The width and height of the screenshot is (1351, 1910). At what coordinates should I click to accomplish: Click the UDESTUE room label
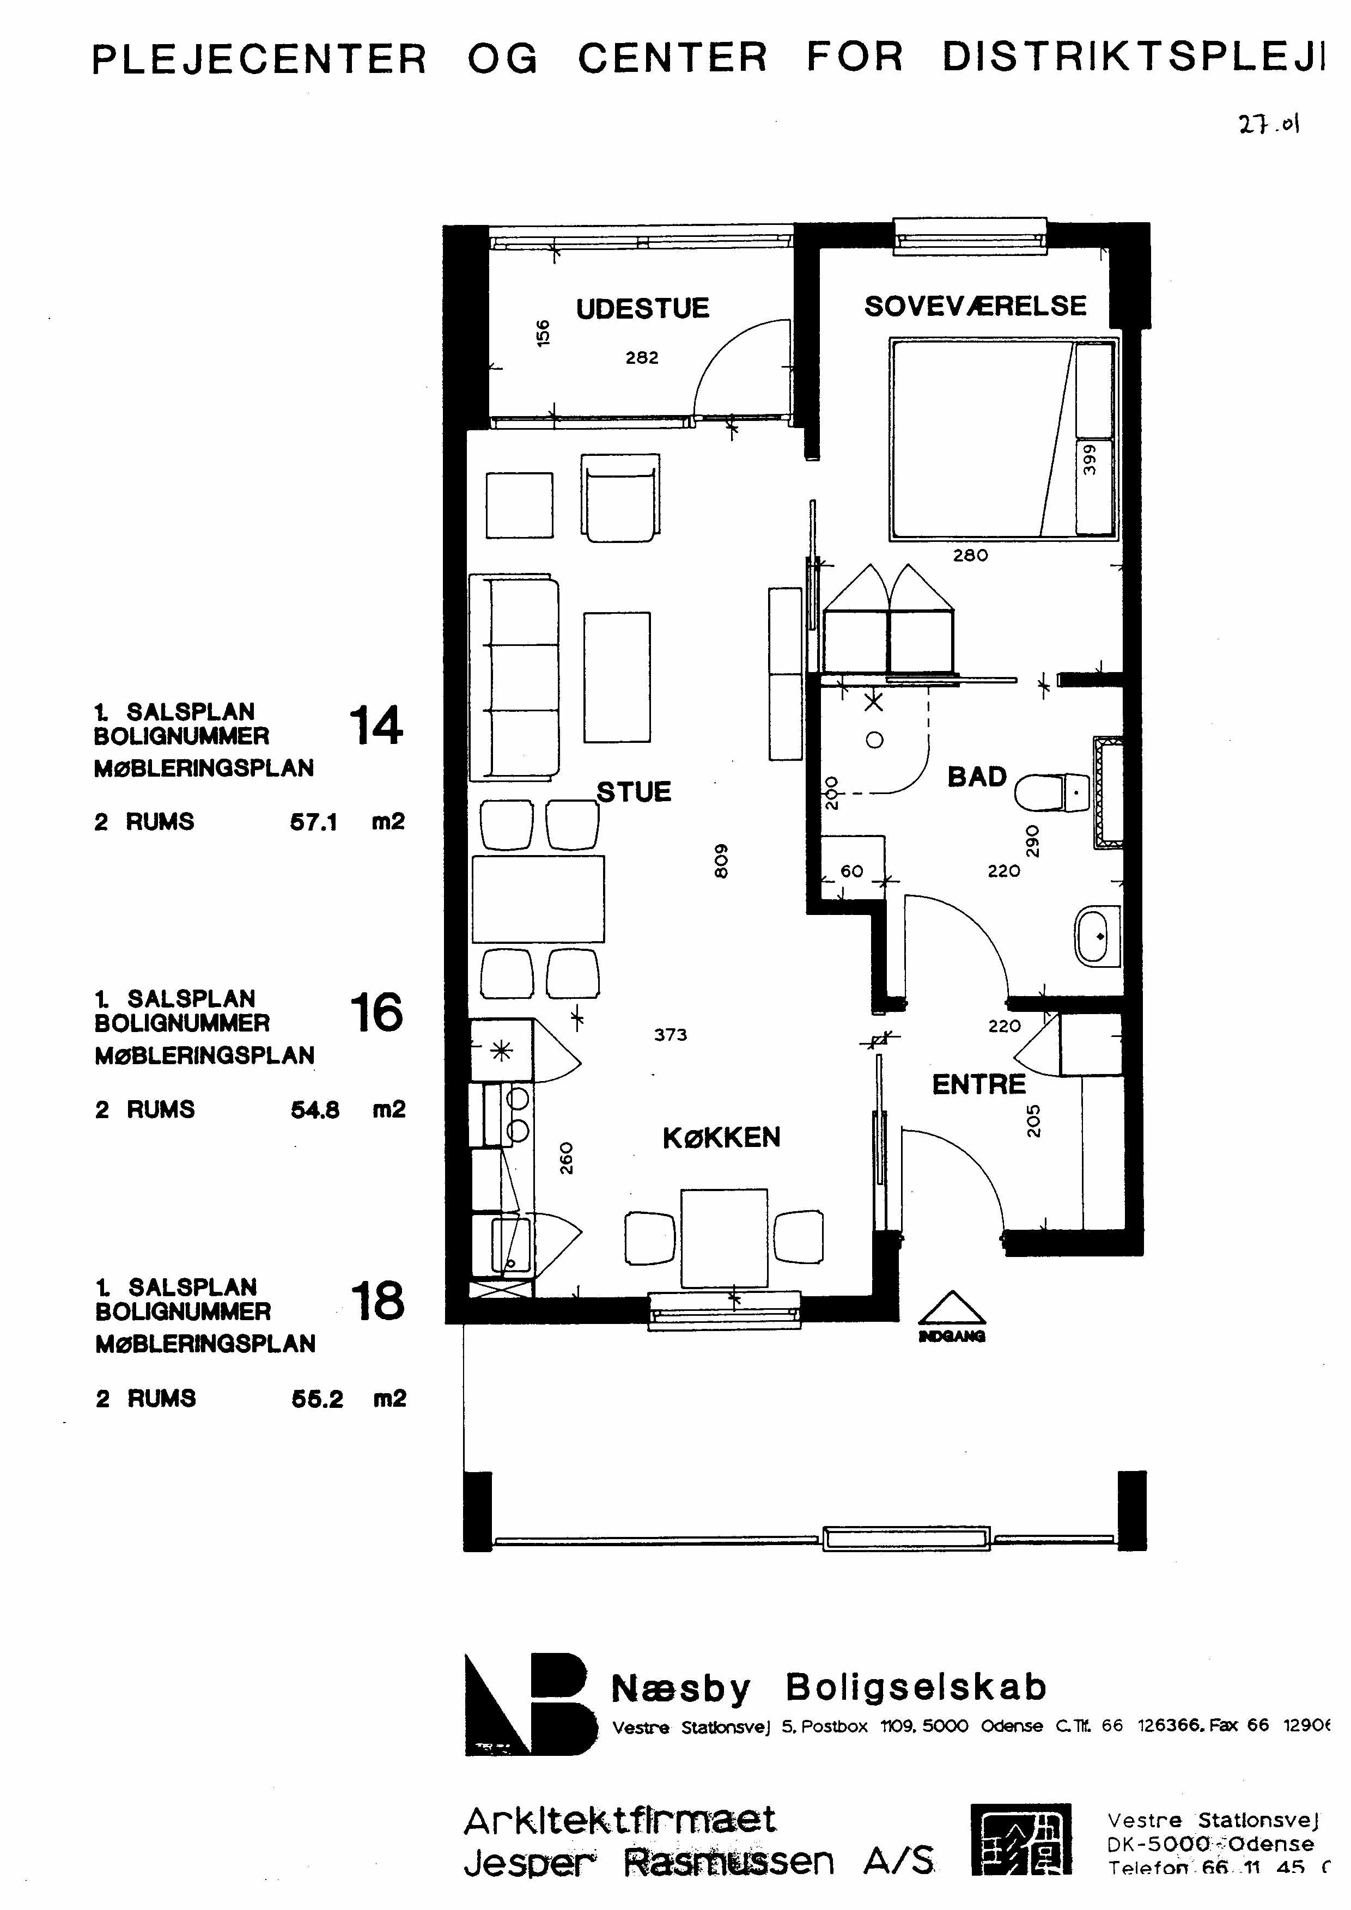[x=642, y=309]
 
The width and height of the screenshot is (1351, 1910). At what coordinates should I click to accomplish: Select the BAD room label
[x=977, y=777]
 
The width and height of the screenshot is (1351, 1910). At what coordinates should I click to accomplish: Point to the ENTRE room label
[x=978, y=1085]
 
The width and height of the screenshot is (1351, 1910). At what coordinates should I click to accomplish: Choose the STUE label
[x=634, y=792]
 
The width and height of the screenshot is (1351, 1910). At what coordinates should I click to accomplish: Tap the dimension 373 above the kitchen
[x=671, y=1035]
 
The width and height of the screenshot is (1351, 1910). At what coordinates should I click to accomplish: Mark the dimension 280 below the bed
[x=970, y=556]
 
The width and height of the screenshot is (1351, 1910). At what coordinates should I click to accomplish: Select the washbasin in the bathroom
[x=1098, y=937]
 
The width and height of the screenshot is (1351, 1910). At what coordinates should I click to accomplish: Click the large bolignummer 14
[x=376, y=725]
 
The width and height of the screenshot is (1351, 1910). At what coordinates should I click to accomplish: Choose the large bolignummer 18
[x=377, y=1302]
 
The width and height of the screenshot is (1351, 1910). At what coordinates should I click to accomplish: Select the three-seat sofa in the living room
[x=513, y=677]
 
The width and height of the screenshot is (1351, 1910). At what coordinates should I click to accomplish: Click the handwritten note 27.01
[x=1268, y=125]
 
